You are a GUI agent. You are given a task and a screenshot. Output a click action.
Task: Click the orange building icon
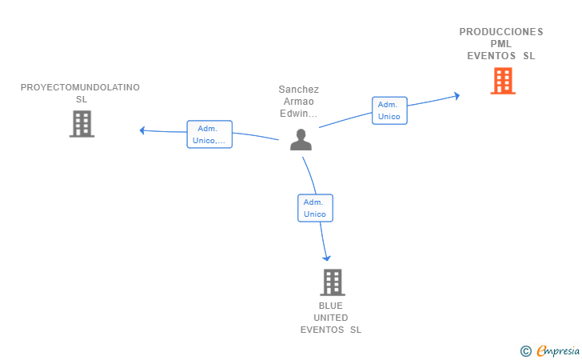[503, 81]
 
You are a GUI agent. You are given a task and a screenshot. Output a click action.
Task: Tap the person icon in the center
[301, 139]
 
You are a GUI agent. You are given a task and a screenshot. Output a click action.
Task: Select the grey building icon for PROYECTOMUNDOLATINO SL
[82, 124]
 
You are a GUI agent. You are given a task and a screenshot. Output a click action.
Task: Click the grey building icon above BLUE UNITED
[333, 282]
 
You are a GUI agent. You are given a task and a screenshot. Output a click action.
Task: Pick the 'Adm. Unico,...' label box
[209, 134]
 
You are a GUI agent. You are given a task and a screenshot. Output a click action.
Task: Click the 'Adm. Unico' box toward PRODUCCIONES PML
[389, 110]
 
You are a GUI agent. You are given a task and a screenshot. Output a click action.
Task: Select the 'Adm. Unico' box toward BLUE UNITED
[315, 208]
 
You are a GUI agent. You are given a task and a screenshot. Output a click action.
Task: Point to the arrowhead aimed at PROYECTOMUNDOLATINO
[142, 130]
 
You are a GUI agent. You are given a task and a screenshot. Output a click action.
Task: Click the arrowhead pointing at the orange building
[457, 96]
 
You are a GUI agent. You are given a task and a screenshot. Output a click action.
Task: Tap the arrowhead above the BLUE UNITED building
[327, 258]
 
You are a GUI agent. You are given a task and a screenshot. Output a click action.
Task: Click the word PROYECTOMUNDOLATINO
[80, 87]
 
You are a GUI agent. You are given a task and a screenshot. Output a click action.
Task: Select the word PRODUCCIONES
[501, 32]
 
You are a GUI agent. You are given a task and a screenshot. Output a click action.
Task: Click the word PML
[501, 44]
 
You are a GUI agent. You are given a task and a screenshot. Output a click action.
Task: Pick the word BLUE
[331, 306]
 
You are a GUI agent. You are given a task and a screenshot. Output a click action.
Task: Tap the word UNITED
[331, 318]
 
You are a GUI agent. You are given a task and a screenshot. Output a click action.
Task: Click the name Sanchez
[299, 90]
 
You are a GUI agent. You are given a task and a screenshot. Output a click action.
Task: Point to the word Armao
[299, 102]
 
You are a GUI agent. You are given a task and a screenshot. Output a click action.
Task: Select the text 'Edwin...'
[299, 114]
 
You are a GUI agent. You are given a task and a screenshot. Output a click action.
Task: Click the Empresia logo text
[558, 350]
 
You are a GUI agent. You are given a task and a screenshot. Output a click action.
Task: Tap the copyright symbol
[525, 351]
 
